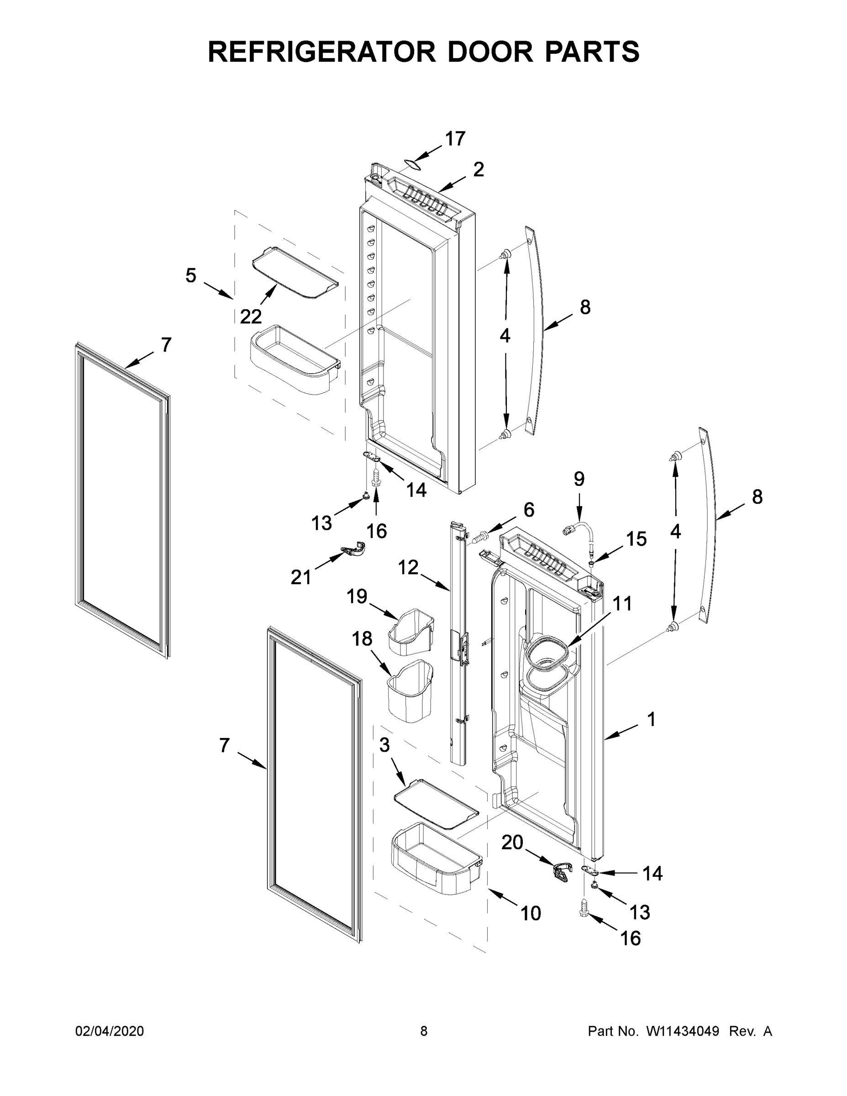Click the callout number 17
coord(455,138)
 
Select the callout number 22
coord(250,316)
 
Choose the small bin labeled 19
coord(410,632)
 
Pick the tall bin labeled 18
coord(410,691)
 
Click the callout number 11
coord(622,604)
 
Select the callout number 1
coord(651,720)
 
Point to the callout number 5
coord(191,275)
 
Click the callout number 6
coord(529,510)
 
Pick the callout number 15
coord(636,539)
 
